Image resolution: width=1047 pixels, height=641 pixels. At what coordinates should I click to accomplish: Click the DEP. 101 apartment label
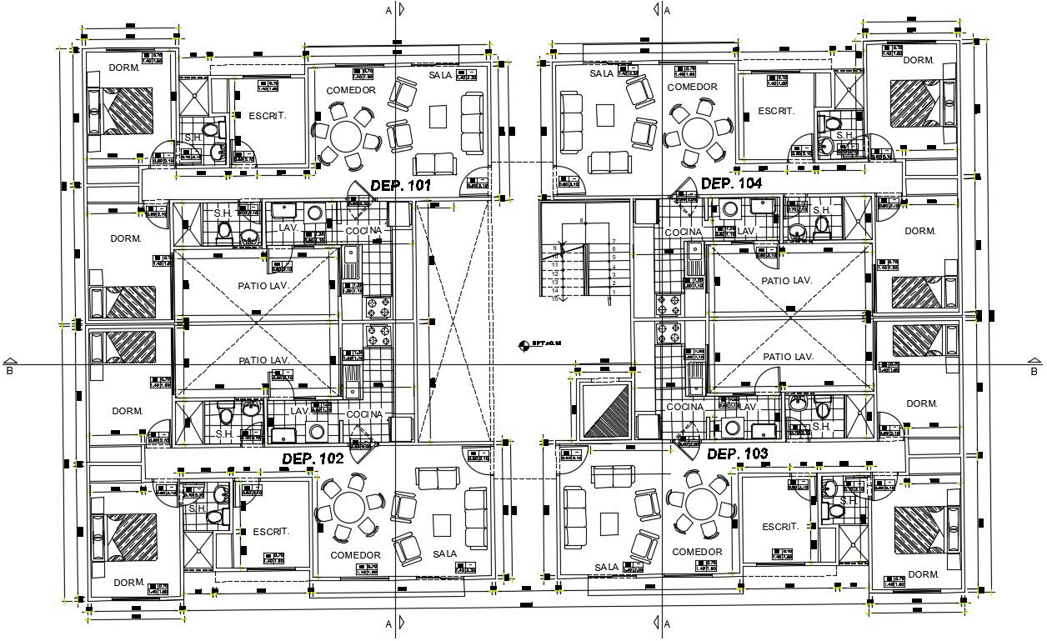point(400,186)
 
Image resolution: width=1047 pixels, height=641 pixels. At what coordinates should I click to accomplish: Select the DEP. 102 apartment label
point(313,458)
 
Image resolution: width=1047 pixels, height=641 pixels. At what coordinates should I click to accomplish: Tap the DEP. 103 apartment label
point(738,454)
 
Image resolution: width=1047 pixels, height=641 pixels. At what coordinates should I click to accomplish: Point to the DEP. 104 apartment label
point(731,183)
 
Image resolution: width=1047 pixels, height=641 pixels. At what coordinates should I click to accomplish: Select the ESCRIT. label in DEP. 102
point(271,531)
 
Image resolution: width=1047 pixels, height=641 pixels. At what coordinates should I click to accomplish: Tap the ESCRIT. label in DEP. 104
point(776,111)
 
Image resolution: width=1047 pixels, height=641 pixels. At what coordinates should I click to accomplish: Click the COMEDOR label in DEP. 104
point(692,87)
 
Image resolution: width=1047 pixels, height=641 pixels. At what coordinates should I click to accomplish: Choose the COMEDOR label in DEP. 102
point(355,555)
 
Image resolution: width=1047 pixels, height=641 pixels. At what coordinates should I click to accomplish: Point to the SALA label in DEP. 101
point(440,75)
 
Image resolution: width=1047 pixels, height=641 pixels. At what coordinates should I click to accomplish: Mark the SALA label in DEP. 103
point(607,567)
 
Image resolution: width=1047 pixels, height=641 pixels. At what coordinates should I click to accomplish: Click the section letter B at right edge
point(1033,371)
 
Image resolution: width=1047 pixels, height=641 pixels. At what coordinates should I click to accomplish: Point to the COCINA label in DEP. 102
point(364,414)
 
